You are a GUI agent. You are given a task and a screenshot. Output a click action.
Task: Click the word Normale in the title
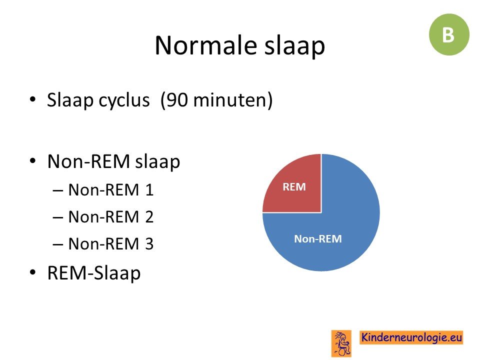coord(205,45)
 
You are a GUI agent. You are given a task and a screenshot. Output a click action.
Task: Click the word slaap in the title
coord(294,46)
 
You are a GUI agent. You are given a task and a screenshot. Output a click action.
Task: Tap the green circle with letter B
coord(449,34)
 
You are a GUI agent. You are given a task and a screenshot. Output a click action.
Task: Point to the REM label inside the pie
coord(294,186)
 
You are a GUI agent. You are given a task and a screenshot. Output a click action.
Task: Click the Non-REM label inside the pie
coord(318,239)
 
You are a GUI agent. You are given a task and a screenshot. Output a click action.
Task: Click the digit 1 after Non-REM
coord(149,190)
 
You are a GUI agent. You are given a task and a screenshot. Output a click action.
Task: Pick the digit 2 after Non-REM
coord(149,216)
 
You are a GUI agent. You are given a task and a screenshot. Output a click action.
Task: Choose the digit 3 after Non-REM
coord(149,244)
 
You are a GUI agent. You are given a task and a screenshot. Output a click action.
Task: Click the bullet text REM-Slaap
coord(93,273)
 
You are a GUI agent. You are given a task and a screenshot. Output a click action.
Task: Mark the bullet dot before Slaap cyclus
coord(33,99)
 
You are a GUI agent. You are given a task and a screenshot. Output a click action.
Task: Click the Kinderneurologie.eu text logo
coord(411,337)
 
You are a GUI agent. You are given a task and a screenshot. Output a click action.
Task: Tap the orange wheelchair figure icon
coord(341,343)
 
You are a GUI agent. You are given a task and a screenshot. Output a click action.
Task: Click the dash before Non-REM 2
coord(58,217)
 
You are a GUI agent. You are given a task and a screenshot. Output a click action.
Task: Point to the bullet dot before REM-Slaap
coord(33,272)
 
